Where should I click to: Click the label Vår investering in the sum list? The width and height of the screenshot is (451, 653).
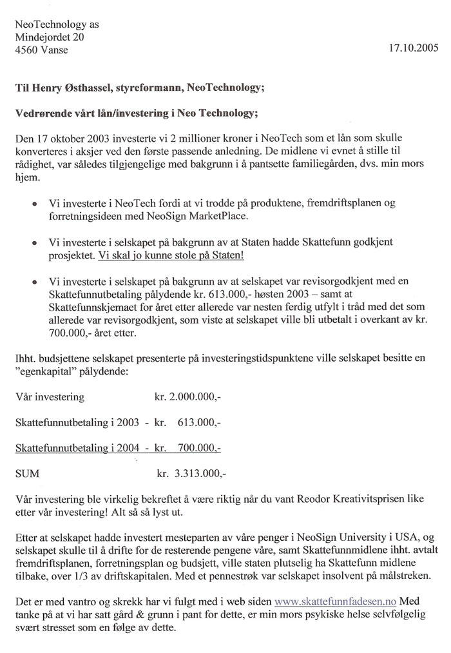coord(49,397)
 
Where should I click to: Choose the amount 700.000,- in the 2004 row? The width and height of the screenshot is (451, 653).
coord(197,447)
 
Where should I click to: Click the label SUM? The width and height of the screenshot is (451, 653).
coord(26,473)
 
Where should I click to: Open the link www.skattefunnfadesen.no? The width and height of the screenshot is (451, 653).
coord(336,601)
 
